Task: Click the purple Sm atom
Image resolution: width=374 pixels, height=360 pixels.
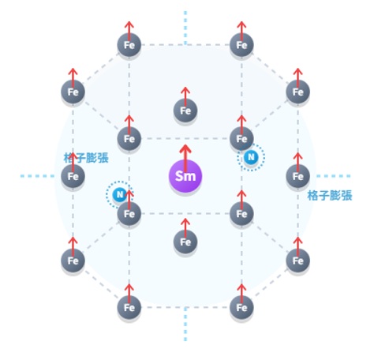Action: click(x=185, y=176)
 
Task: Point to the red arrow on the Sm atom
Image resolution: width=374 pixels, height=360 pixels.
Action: click(x=185, y=158)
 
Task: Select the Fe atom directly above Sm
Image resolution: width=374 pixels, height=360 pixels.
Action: click(x=185, y=111)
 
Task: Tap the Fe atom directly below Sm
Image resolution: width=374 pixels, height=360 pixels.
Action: click(x=185, y=242)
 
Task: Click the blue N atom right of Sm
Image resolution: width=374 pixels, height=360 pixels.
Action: click(x=251, y=157)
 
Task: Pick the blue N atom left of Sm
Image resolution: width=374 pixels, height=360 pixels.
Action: click(x=120, y=195)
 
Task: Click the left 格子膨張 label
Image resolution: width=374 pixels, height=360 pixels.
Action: click(x=86, y=158)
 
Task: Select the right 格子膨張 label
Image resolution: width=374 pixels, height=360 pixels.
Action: click(x=330, y=196)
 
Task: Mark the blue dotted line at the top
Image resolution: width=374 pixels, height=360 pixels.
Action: click(x=185, y=28)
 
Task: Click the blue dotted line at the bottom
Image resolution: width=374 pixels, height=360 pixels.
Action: click(x=185, y=324)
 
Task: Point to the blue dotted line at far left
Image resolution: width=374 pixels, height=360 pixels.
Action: click(x=37, y=176)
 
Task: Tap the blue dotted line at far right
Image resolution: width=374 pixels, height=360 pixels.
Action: click(x=334, y=176)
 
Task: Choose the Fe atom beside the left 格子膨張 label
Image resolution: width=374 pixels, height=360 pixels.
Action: click(x=73, y=176)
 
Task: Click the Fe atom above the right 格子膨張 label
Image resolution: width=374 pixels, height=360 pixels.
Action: click(x=297, y=176)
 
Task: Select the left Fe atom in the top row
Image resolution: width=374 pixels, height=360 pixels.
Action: click(x=129, y=45)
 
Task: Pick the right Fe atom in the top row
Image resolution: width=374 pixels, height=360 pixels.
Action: click(x=241, y=45)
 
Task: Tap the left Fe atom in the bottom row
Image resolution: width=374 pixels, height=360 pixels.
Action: click(x=129, y=307)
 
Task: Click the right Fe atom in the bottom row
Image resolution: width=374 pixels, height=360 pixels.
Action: click(x=241, y=307)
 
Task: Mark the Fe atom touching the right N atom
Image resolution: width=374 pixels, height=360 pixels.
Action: click(x=241, y=139)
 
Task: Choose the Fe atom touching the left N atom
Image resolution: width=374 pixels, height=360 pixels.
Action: click(x=129, y=214)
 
